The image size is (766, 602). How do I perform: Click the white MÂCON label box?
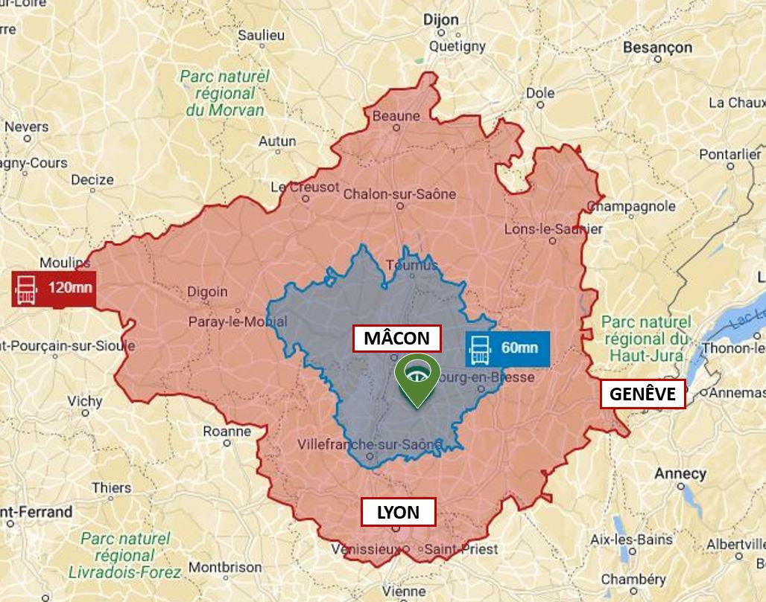click(396, 339)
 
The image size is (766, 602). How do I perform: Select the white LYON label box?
click(398, 512)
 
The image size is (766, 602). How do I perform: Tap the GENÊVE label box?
click(642, 394)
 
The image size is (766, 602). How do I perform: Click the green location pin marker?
click(416, 380)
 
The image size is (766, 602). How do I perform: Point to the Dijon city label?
click(441, 20)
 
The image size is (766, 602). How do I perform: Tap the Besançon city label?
click(657, 48)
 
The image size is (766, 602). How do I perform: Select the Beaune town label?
click(396, 115)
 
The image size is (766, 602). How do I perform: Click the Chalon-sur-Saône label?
click(399, 194)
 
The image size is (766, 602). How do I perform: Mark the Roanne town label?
click(227, 432)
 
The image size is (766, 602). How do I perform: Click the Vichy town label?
click(85, 401)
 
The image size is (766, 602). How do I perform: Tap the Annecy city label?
click(680, 473)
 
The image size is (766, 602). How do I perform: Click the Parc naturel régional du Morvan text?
click(224, 93)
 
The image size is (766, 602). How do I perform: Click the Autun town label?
click(277, 141)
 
